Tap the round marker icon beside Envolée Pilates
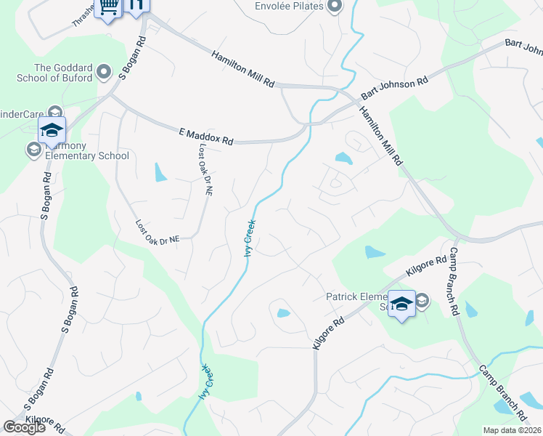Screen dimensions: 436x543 click(x=334, y=7)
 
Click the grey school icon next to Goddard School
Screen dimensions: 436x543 click(x=104, y=72)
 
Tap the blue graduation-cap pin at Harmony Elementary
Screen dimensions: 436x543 click(x=52, y=130)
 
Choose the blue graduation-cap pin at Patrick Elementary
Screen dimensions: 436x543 click(x=401, y=303)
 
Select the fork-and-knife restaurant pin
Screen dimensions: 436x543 click(x=135, y=4)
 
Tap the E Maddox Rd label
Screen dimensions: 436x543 click(x=205, y=136)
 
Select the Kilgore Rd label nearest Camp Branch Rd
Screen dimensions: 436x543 click(x=426, y=266)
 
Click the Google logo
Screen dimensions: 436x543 click(x=23, y=427)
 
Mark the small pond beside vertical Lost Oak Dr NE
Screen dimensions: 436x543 click(x=159, y=172)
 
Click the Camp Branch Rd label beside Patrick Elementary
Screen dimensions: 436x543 click(x=454, y=280)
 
